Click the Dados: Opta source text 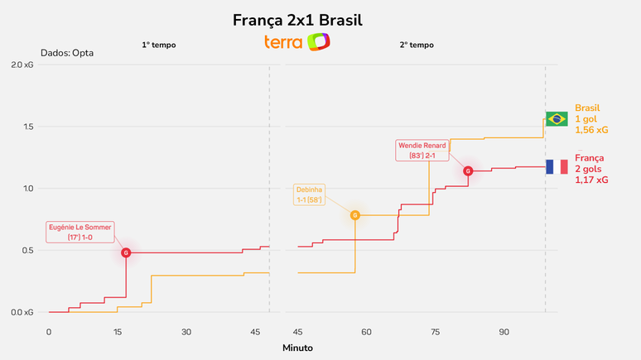[x=67, y=53]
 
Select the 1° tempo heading [x=158, y=45]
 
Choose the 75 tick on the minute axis [x=435, y=331]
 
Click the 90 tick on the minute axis [x=504, y=331]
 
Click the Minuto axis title [x=297, y=348]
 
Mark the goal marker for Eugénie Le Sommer [x=126, y=252]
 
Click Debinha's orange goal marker [x=355, y=215]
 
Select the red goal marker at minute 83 [x=468, y=171]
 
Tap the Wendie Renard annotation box [x=422, y=151]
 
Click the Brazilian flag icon [x=557, y=119]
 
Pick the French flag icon [x=557, y=166]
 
